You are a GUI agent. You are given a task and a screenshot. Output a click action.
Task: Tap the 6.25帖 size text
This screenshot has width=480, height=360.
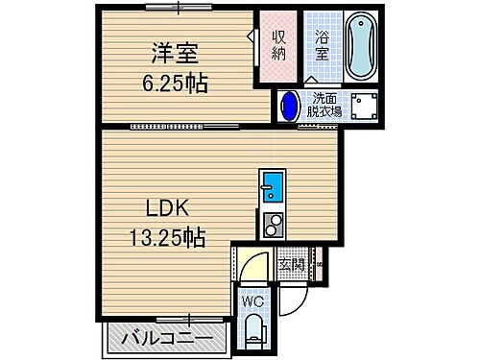[172, 83]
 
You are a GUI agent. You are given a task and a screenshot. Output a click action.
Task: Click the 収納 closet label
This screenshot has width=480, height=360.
[278, 45]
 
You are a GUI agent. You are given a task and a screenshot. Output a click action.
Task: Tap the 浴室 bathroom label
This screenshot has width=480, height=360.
[323, 45]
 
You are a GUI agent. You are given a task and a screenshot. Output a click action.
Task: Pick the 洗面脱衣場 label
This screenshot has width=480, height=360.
[324, 104]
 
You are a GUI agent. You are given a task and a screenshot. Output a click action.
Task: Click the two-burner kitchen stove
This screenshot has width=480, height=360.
[272, 224]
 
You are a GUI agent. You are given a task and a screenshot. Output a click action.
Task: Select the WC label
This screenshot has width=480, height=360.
[252, 301]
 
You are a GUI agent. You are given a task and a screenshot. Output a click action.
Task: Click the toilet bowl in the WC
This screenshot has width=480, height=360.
[252, 330]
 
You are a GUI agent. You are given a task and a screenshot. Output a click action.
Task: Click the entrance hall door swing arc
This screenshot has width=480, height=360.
[252, 268]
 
